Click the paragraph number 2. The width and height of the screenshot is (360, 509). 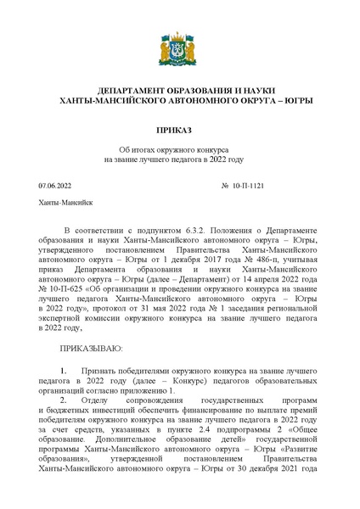click(x=64, y=397)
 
